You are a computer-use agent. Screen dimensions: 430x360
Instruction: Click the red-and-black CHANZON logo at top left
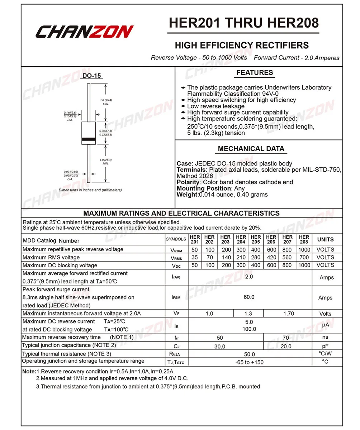coord(84,32)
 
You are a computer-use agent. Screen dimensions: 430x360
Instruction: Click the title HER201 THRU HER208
coord(243,23)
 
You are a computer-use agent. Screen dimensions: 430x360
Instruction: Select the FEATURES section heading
coord(255,73)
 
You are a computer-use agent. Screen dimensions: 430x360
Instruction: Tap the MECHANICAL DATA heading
coord(251,149)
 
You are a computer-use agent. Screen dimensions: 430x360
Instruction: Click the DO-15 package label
coord(92,76)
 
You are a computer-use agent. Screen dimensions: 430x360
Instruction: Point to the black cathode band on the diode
coord(88,139)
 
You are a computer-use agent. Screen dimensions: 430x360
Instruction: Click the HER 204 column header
coord(241,239)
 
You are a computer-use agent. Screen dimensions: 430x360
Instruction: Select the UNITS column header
coord(325,239)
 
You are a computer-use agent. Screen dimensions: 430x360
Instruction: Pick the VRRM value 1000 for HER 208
coord(304,249)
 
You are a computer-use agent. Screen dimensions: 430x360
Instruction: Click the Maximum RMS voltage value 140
coord(226,257)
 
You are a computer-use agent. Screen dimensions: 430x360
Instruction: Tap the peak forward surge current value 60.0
coord(249,297)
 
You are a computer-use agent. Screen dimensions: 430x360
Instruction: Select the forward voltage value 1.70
coord(288,314)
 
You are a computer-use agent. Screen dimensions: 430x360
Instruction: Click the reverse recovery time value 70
coord(286,338)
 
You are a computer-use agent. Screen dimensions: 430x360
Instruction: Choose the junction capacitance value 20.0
coord(286,346)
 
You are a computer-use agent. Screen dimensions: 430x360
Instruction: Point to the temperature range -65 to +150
coord(249,362)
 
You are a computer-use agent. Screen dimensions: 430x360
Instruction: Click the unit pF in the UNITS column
coord(325,346)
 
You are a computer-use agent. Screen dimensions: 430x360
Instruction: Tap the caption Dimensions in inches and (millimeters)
coord(90,190)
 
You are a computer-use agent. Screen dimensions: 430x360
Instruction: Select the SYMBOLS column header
coord(176,239)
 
